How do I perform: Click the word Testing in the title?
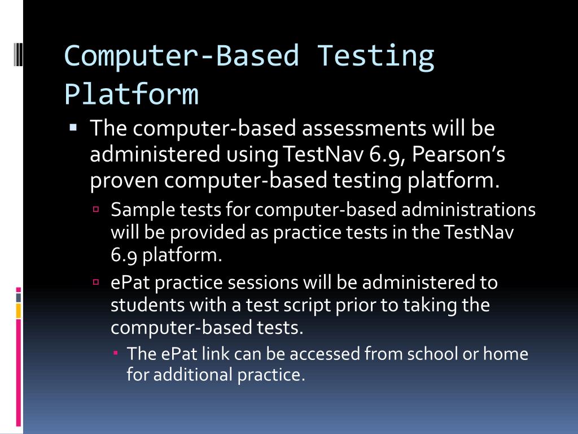tap(376, 56)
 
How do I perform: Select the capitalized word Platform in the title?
tap(131, 94)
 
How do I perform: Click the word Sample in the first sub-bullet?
tap(143, 210)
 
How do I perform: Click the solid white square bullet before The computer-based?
tap(73, 128)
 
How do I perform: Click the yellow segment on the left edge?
tap(19, 310)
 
